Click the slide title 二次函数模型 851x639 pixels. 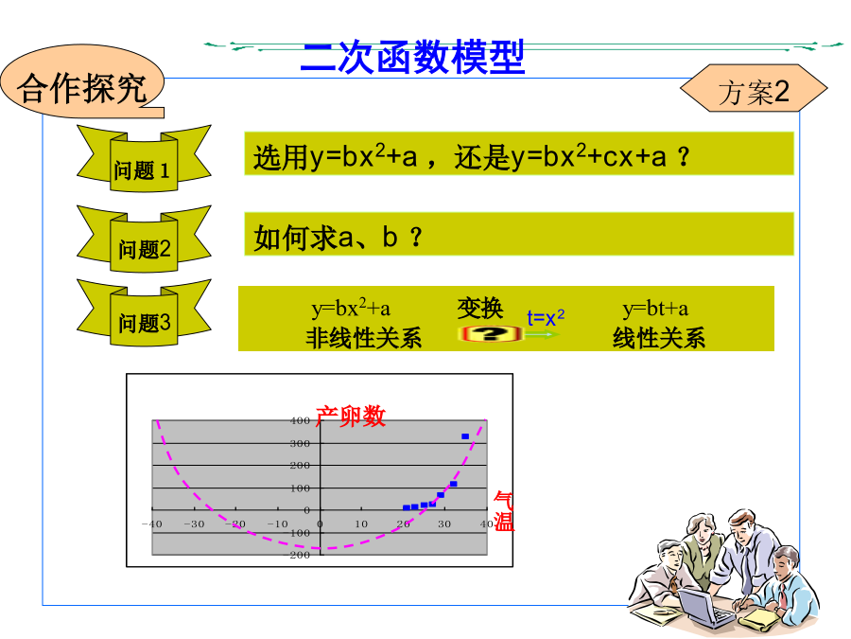tap(412, 57)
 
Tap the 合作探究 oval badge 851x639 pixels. tap(82, 81)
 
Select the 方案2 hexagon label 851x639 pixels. tap(754, 89)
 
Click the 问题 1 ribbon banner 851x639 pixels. tap(144, 159)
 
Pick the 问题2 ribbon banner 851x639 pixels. tap(144, 240)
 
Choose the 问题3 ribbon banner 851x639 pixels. tap(144, 313)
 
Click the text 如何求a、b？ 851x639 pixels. tap(338, 237)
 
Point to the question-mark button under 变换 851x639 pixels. tap(490, 333)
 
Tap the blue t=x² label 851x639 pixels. tap(546, 317)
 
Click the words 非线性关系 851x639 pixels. tap(364, 338)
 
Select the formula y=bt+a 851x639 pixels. tap(655, 309)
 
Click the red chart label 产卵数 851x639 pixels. tap(351, 417)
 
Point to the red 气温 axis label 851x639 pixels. tap(504, 511)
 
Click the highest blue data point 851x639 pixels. tap(465, 436)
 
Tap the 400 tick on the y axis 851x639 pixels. tap(300, 420)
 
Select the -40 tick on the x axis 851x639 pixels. tap(152, 524)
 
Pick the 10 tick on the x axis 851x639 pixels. tap(361, 524)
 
